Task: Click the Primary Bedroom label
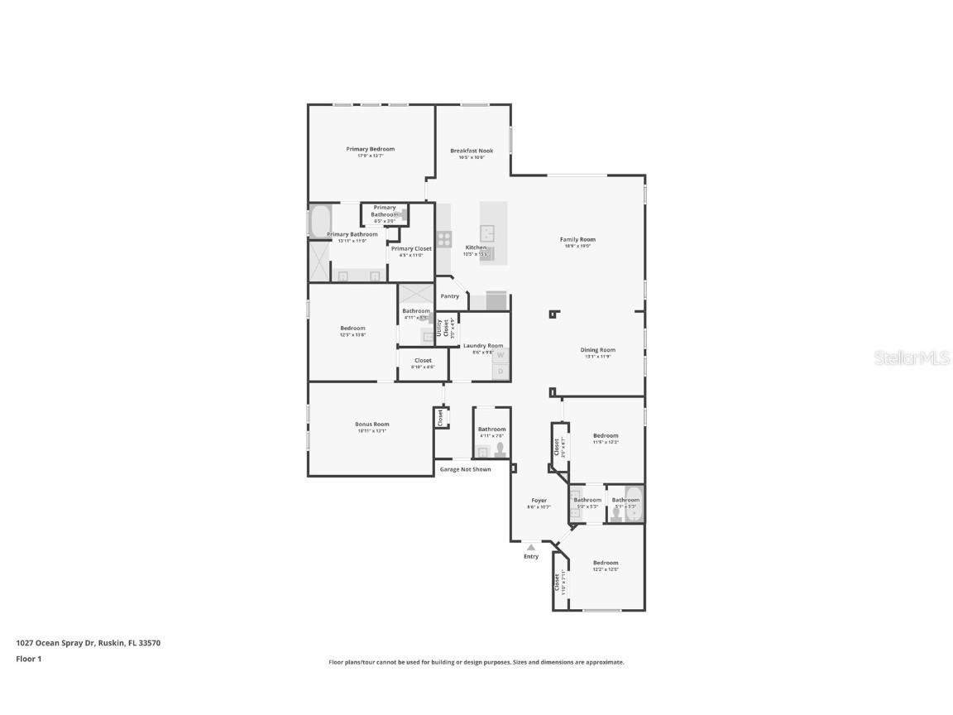370,149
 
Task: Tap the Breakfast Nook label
472,151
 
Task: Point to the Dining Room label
597,350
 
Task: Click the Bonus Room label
371,425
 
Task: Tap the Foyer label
539,501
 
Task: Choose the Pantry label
449,296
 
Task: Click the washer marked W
500,354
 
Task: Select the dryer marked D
500,372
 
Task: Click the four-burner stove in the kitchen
444,239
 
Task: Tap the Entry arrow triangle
531,547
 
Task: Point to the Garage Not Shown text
465,469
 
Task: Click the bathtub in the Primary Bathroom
320,221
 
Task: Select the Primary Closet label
411,248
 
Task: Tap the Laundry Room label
483,346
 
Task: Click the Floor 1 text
29,659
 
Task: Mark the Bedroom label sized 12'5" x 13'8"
352,329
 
